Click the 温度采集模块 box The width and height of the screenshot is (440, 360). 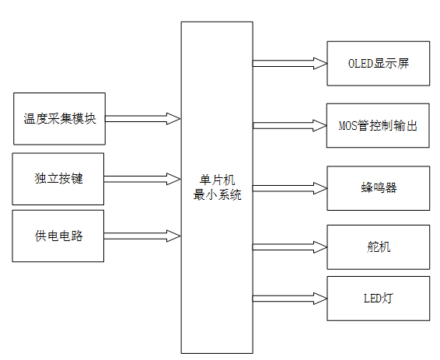tap(59, 118)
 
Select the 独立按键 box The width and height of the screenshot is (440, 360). tap(59, 179)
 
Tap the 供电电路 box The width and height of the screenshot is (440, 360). tap(59, 236)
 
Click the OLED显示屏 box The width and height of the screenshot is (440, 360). tap(378, 63)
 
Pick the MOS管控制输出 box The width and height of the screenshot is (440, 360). tap(378, 124)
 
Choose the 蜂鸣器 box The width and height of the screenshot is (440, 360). tap(378, 187)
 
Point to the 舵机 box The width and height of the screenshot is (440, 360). tap(378, 246)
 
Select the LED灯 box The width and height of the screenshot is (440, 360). tap(378, 298)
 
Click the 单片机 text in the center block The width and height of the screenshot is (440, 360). tap(217, 180)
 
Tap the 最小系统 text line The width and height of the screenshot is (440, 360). tap(217, 194)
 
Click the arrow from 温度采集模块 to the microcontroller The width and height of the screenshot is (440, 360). tap(143, 118)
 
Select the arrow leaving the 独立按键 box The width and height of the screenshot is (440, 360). tap(143, 179)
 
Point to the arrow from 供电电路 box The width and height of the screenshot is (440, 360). tap(143, 234)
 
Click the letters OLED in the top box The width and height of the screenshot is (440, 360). tap(359, 63)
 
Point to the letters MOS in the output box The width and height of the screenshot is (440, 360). tap(347, 124)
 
